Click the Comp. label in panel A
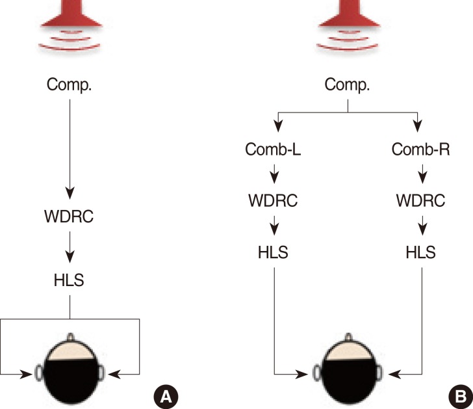pyautogui.click(x=70, y=85)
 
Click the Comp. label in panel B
pyautogui.click(x=348, y=85)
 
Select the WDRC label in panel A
pyautogui.click(x=70, y=217)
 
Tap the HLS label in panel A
pyautogui.click(x=70, y=280)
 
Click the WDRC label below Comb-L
pyautogui.click(x=274, y=200)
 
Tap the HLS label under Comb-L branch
pyautogui.click(x=274, y=250)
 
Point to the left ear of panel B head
pyautogui.click(x=316, y=374)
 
